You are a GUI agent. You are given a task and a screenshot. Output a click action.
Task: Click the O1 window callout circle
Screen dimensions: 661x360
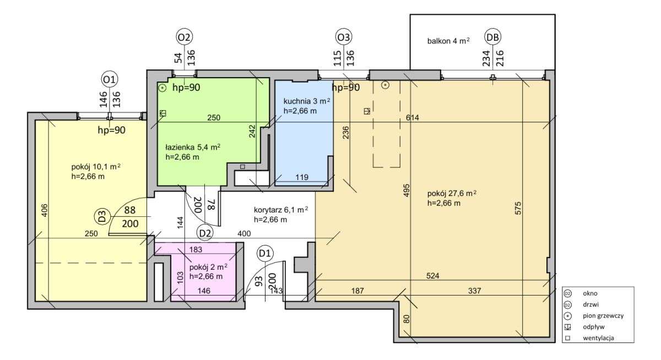[110, 80]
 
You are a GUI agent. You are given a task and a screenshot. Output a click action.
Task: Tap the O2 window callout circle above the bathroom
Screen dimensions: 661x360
[185, 37]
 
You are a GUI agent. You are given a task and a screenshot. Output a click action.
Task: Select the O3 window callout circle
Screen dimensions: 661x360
[344, 37]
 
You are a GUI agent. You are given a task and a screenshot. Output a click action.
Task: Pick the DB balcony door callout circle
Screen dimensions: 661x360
[493, 37]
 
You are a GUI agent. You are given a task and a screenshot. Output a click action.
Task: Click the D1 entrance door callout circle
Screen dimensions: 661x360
[265, 253]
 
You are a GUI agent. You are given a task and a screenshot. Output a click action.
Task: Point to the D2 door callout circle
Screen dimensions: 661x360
[205, 233]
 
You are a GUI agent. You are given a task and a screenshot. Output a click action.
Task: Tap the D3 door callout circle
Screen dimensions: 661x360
[102, 217]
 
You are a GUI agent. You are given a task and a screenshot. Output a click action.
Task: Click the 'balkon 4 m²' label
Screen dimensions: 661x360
[448, 41]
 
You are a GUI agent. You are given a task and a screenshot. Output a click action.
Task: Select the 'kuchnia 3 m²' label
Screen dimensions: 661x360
[307, 101]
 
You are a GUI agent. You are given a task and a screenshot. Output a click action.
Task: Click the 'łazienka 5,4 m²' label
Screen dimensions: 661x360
[193, 147]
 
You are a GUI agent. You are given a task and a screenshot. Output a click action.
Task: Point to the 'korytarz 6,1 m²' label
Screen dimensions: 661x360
[281, 210]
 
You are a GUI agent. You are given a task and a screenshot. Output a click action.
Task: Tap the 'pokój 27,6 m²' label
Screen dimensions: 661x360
[452, 193]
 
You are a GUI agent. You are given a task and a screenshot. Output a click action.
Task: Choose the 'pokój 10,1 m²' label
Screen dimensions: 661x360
[96, 167]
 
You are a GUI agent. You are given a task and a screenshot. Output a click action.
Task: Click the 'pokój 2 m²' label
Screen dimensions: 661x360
[208, 267]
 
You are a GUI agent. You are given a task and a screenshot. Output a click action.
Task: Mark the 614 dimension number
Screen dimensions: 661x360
[412, 118]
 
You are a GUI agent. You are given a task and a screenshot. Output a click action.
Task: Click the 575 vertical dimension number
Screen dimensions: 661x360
[518, 208]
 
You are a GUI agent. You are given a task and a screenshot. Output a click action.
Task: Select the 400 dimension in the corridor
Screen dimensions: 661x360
[244, 233]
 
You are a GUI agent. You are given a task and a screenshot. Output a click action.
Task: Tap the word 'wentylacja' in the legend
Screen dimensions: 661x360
[598, 338]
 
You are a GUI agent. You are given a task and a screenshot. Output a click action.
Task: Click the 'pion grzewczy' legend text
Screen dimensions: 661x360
[603, 316]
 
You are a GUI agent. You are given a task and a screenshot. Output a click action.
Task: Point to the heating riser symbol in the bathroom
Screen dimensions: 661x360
[162, 88]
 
